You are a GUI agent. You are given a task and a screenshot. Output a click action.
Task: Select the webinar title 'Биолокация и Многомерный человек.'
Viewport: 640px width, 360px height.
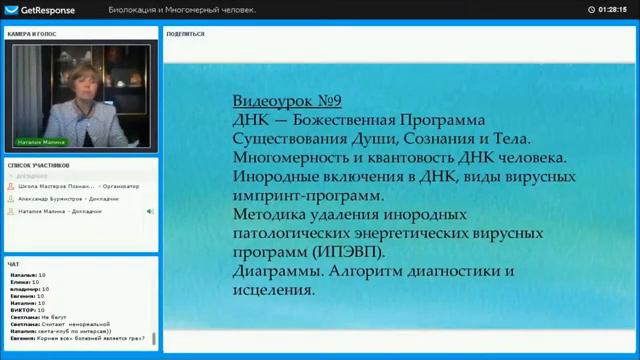pyautogui.click(x=182, y=9)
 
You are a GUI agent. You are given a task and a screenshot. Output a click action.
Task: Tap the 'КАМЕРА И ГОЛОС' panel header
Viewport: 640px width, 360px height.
pyautogui.click(x=32, y=34)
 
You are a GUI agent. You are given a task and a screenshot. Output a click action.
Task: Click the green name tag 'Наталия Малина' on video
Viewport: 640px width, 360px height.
pyautogui.click(x=40, y=142)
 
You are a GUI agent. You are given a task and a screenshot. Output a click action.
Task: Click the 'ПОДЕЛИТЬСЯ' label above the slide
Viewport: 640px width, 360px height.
pyautogui.click(x=187, y=34)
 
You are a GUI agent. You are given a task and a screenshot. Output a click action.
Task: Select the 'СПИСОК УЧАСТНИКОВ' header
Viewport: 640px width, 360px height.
pyautogui.click(x=39, y=164)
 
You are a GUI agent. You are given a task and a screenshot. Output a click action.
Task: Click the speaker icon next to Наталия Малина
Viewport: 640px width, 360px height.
pyautogui.click(x=150, y=211)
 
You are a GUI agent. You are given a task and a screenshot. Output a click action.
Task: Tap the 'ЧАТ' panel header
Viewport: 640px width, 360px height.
pyautogui.click(x=13, y=264)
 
